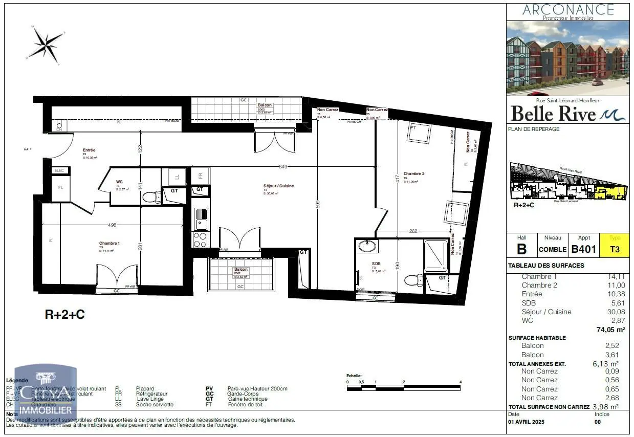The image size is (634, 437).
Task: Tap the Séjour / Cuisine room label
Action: [x=278, y=186]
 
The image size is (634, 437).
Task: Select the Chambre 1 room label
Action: [x=109, y=243]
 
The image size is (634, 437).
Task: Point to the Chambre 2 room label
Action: [x=413, y=174]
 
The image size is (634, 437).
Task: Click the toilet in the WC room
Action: [x=150, y=197]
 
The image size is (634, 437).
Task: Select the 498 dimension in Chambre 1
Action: [x=113, y=224]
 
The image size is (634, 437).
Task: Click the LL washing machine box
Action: [x=177, y=177]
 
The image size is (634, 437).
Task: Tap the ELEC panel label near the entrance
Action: [x=60, y=170]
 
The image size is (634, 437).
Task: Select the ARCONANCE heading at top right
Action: [x=568, y=9]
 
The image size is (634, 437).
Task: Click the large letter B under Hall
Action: [x=521, y=249]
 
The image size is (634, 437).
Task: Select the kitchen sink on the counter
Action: [x=200, y=219]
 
